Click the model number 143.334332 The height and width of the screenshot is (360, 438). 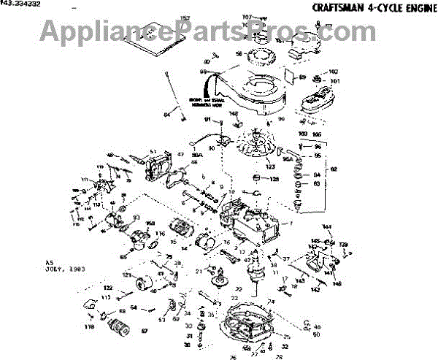click(x=23, y=5)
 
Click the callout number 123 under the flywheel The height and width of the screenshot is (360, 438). click(x=259, y=168)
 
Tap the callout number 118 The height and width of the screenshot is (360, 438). click(x=91, y=328)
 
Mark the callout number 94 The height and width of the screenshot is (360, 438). click(x=317, y=175)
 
